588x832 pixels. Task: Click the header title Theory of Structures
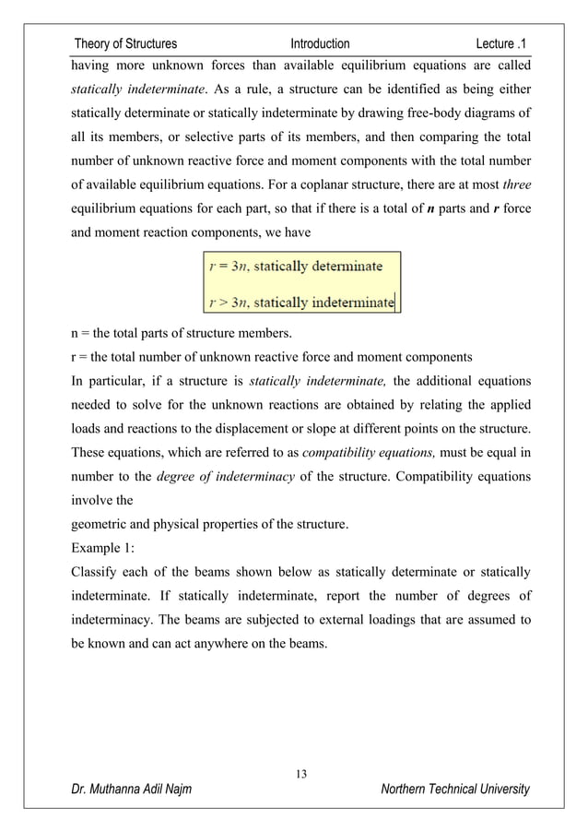click(x=125, y=43)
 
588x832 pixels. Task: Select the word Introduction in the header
click(x=320, y=43)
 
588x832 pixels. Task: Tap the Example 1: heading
click(x=103, y=550)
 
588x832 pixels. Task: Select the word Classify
click(x=96, y=574)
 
